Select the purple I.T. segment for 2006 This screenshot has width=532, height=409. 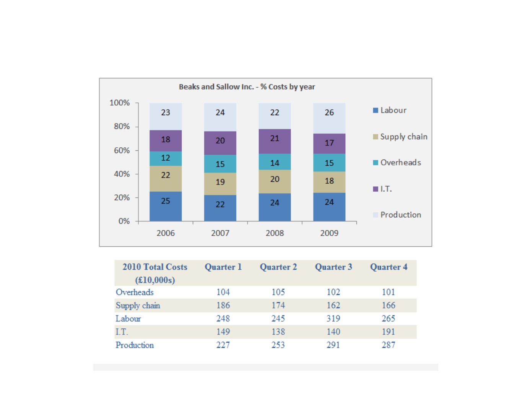[x=166, y=140]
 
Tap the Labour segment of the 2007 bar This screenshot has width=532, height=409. [x=220, y=208]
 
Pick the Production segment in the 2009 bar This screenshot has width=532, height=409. [x=329, y=118]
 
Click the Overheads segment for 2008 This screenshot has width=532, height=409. [x=275, y=161]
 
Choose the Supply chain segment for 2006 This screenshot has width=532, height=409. [x=166, y=179]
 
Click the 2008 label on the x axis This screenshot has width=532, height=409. [x=275, y=233]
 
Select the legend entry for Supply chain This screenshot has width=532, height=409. [x=400, y=137]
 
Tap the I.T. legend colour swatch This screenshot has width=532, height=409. [x=375, y=189]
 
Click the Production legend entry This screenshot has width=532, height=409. [x=397, y=215]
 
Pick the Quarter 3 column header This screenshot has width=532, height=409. [x=333, y=267]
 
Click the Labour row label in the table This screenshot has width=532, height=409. [x=128, y=318]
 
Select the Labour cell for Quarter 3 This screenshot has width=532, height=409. [x=333, y=318]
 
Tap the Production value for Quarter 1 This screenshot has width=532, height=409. [x=223, y=345]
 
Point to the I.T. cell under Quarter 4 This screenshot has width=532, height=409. [x=388, y=332]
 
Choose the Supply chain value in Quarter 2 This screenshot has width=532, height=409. [x=278, y=305]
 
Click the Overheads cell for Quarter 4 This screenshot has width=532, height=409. [x=388, y=292]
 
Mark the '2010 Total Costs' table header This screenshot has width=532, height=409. [x=155, y=273]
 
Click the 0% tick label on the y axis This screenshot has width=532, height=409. [x=124, y=221]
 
